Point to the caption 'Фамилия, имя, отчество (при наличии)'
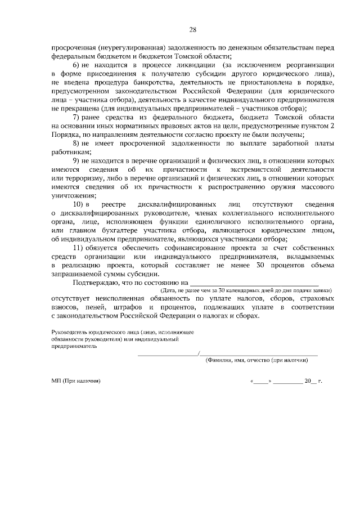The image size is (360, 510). (x=257, y=360)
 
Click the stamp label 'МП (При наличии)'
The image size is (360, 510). (x=75, y=382)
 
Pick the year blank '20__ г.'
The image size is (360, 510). (x=313, y=382)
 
